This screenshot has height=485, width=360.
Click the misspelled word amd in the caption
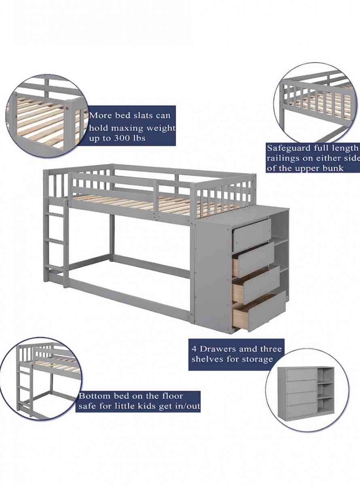pyautogui.click(x=256, y=349)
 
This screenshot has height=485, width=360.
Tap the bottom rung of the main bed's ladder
pyautogui.click(x=55, y=267)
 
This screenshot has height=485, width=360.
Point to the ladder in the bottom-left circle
pyautogui.click(x=24, y=388)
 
